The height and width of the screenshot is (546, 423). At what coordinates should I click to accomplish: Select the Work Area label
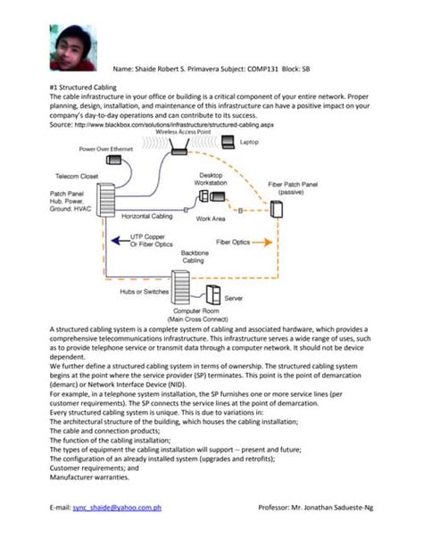coord(210,218)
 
